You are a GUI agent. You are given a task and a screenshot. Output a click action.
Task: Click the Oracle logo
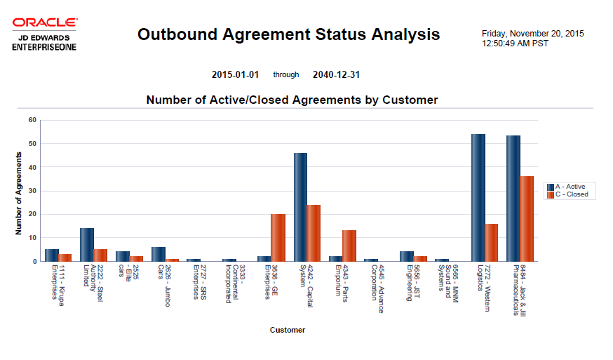pyautogui.click(x=44, y=23)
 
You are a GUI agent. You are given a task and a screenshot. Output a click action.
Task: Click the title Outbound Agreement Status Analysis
pyautogui.click(x=288, y=34)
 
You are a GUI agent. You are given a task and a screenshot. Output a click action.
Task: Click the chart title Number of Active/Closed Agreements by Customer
pyautogui.click(x=292, y=100)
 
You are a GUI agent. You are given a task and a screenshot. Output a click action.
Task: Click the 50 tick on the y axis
pyautogui.click(x=32, y=144)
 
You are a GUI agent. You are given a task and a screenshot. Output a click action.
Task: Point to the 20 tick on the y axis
pyautogui.click(x=32, y=214)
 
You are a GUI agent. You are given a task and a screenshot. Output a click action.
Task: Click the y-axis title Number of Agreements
pyautogui.click(x=20, y=191)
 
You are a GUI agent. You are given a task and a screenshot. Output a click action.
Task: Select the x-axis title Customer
pyautogui.click(x=288, y=329)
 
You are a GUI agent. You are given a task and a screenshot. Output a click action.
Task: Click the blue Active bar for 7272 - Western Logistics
pyautogui.click(x=478, y=197)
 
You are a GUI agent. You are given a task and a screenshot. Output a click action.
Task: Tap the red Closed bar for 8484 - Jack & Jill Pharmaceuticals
pyautogui.click(x=527, y=218)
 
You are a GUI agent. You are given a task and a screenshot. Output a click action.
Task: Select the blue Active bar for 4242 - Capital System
pyautogui.click(x=300, y=207)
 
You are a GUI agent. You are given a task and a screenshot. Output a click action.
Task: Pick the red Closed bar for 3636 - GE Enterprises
pyautogui.click(x=278, y=237)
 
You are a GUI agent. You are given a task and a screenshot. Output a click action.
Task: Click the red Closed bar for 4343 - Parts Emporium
pyautogui.click(x=349, y=246)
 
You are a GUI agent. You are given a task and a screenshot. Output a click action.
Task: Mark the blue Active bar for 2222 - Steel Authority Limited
pyautogui.click(x=86, y=244)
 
